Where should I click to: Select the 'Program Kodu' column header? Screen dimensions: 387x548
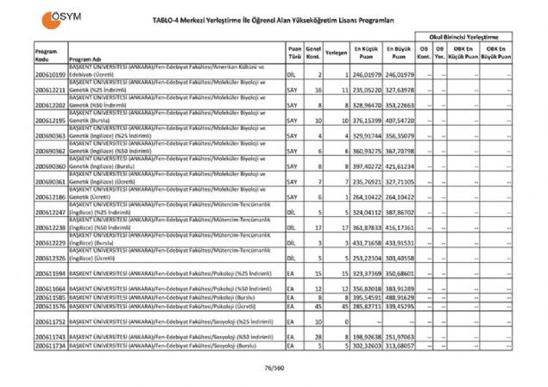[47, 54]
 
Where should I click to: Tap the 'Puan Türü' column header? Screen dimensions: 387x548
[295, 54]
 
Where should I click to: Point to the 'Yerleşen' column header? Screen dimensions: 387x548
[337, 54]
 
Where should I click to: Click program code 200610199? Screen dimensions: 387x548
[51, 75]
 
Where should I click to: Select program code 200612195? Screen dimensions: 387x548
[51, 121]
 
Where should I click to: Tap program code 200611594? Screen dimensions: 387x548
[51, 272]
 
